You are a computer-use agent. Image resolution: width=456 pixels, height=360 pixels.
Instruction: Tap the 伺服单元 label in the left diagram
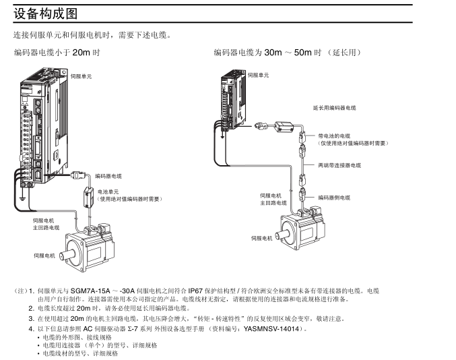(x=81, y=77)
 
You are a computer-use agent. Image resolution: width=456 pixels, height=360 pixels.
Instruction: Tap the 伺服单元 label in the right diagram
(x=259, y=75)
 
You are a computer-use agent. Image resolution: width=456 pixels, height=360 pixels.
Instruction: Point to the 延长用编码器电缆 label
(x=335, y=107)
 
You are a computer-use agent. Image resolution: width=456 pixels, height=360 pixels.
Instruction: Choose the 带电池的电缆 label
(x=335, y=136)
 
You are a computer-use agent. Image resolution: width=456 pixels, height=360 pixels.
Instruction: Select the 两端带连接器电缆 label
(x=339, y=164)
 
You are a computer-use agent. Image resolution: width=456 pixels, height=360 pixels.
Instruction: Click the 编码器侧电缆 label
(x=335, y=197)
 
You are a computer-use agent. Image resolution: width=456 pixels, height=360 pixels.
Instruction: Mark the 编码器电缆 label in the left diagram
(x=108, y=175)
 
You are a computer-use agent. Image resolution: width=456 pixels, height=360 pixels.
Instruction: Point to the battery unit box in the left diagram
(x=86, y=198)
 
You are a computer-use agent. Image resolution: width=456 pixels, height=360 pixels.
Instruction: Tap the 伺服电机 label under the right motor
(x=262, y=238)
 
